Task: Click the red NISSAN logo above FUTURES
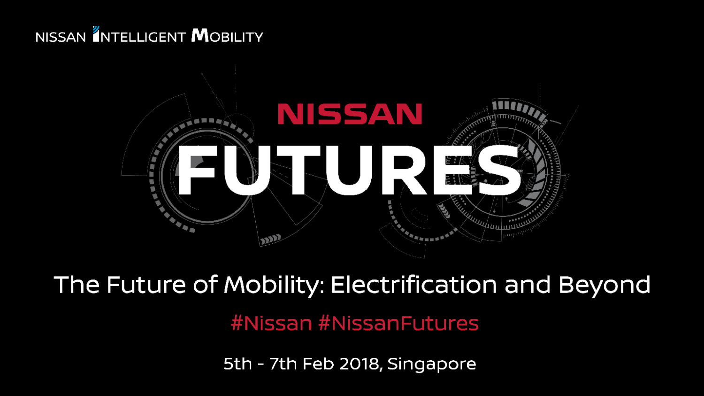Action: click(x=350, y=114)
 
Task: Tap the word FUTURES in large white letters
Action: click(x=350, y=170)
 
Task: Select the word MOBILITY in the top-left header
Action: click(x=227, y=36)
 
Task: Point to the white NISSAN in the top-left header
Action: click(x=61, y=37)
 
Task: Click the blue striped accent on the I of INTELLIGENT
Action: click(x=96, y=31)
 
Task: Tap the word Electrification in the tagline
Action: click(x=413, y=285)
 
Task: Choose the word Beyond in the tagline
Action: click(x=604, y=285)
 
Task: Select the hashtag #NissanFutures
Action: click(x=398, y=323)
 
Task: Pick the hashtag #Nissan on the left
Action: click(x=271, y=323)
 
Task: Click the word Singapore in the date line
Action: click(x=432, y=364)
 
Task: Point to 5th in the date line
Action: click(x=237, y=364)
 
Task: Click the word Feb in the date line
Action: click(x=318, y=364)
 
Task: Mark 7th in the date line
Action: click(x=283, y=364)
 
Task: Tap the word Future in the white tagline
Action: click(x=146, y=285)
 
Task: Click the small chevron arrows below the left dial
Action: click(x=271, y=239)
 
